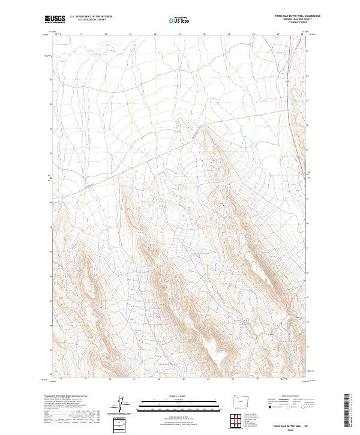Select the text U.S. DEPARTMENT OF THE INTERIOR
coord(91,16)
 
